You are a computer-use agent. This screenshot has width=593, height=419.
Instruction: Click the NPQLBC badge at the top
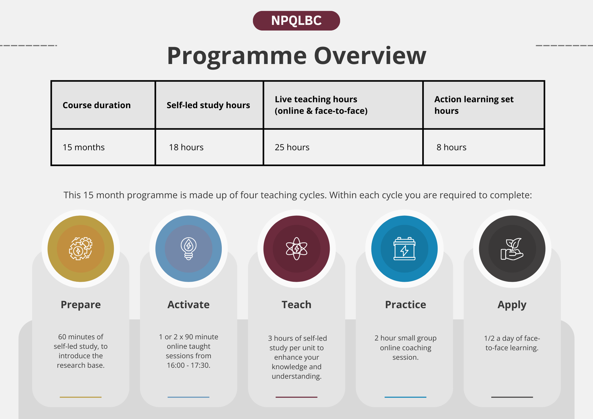point(296,21)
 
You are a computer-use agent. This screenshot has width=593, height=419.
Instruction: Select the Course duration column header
point(97,105)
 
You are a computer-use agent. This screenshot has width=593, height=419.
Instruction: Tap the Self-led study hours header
point(208,105)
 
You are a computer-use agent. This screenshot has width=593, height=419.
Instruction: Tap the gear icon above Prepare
point(81,249)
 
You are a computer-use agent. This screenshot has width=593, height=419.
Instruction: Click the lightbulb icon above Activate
point(189,249)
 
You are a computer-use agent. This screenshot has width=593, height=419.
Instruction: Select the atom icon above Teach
point(296,249)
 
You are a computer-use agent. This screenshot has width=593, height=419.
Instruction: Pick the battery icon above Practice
point(404,249)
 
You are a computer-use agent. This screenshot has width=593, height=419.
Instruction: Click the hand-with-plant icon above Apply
point(512,249)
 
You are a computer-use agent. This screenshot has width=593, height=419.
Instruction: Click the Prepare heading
point(81,305)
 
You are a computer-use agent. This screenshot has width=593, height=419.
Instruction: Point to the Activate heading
point(189,305)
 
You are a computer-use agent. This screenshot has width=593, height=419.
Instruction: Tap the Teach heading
point(296,305)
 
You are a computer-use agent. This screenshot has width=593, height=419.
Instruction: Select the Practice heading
point(406,305)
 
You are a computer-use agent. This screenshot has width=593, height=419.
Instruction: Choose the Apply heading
point(512,305)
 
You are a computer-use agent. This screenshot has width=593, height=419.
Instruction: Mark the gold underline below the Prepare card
point(81,397)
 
